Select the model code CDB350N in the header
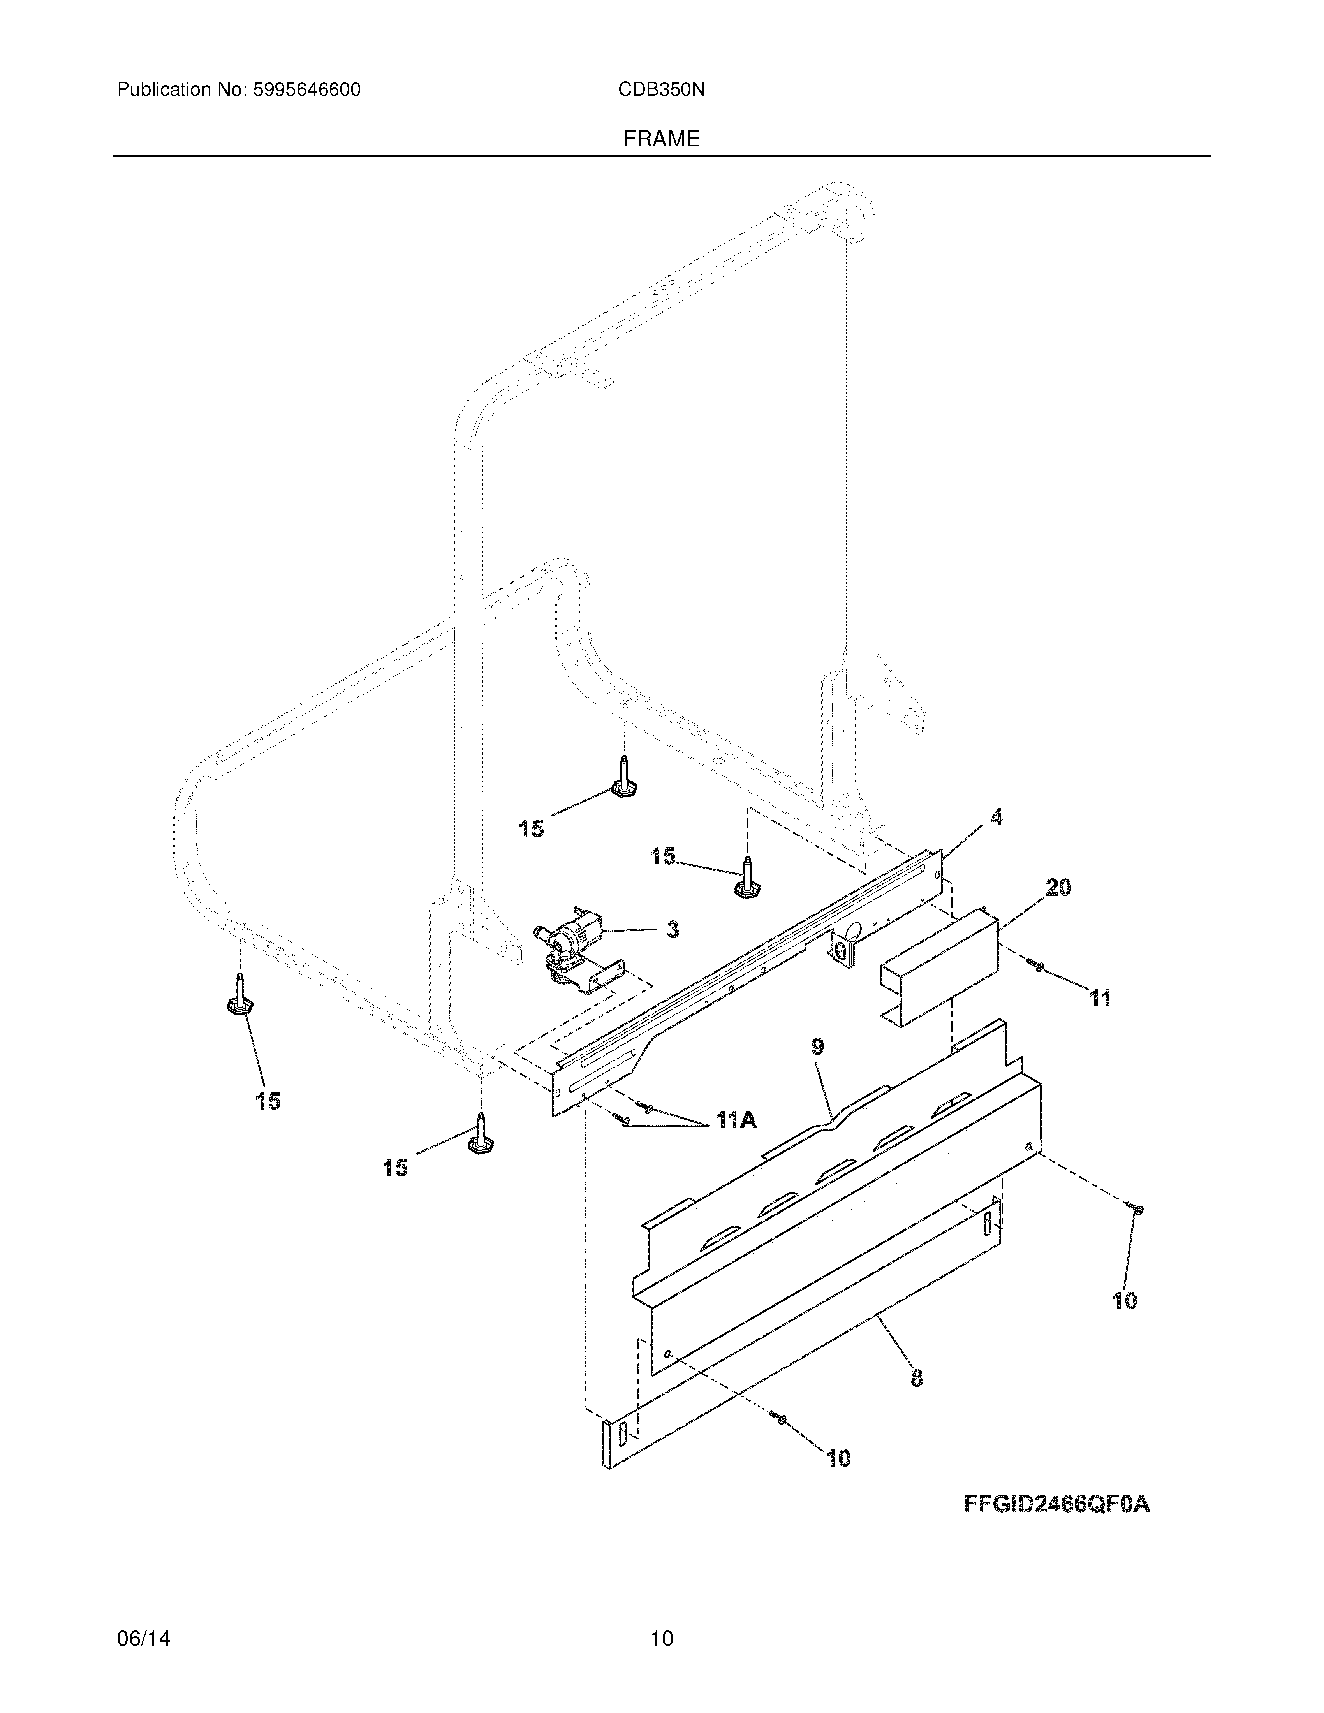click(x=661, y=90)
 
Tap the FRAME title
click(x=661, y=140)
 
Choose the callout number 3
click(x=672, y=930)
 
